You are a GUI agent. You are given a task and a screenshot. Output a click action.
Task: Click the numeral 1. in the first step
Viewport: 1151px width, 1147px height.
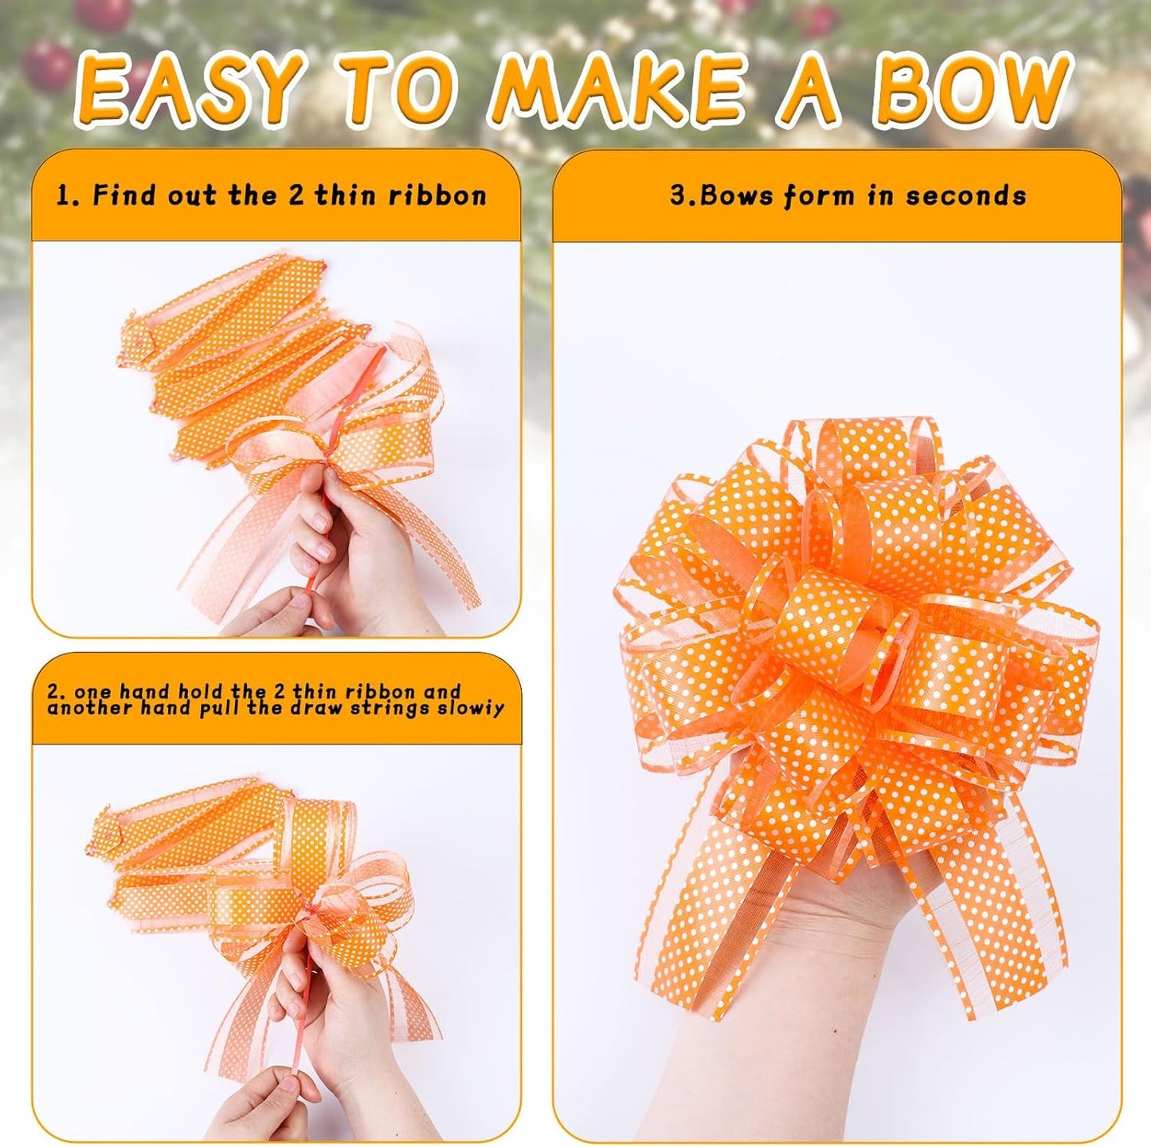(x=69, y=196)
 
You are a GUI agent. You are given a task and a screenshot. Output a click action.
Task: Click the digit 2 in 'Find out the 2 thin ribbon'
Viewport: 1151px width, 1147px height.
(x=296, y=196)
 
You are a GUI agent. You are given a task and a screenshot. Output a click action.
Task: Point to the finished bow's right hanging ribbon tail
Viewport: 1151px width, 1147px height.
(x=996, y=917)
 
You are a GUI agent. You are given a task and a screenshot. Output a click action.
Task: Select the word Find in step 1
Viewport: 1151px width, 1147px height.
(x=124, y=195)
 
